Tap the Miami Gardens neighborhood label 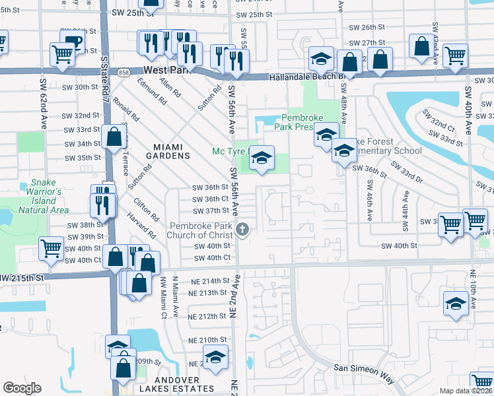coord(162,151)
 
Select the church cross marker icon coord(243,229)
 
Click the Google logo coord(22,388)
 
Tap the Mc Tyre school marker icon coord(262,158)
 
